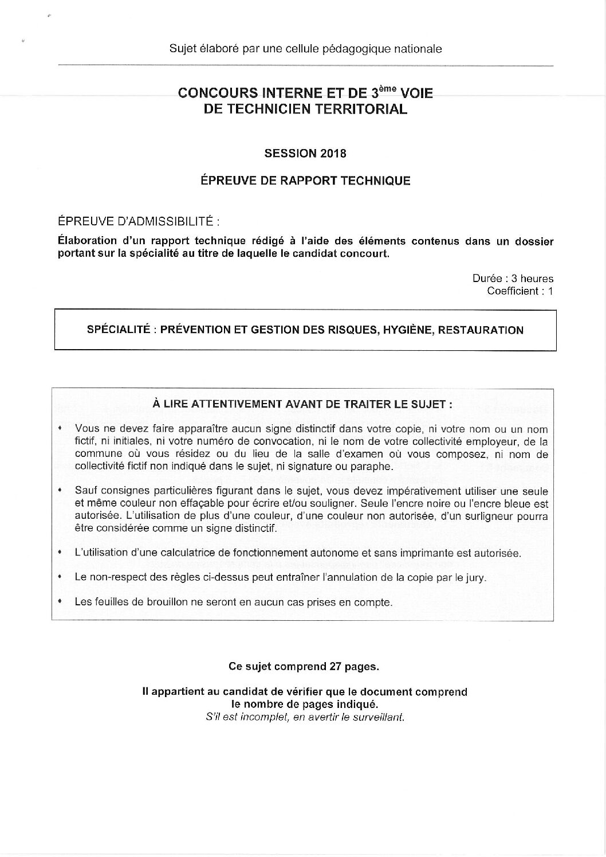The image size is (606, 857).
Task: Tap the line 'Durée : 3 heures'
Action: pos(513,279)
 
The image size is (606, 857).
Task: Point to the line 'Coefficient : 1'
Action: pos(520,291)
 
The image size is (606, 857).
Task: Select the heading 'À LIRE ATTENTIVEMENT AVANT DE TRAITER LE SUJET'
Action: pos(302,404)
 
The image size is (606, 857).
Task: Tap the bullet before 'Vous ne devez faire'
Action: pos(60,429)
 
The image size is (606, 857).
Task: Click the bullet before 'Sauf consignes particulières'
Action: pos(60,491)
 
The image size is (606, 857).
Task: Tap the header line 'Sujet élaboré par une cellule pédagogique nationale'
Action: pos(305,49)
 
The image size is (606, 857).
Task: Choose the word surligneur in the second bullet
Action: pos(481,516)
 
